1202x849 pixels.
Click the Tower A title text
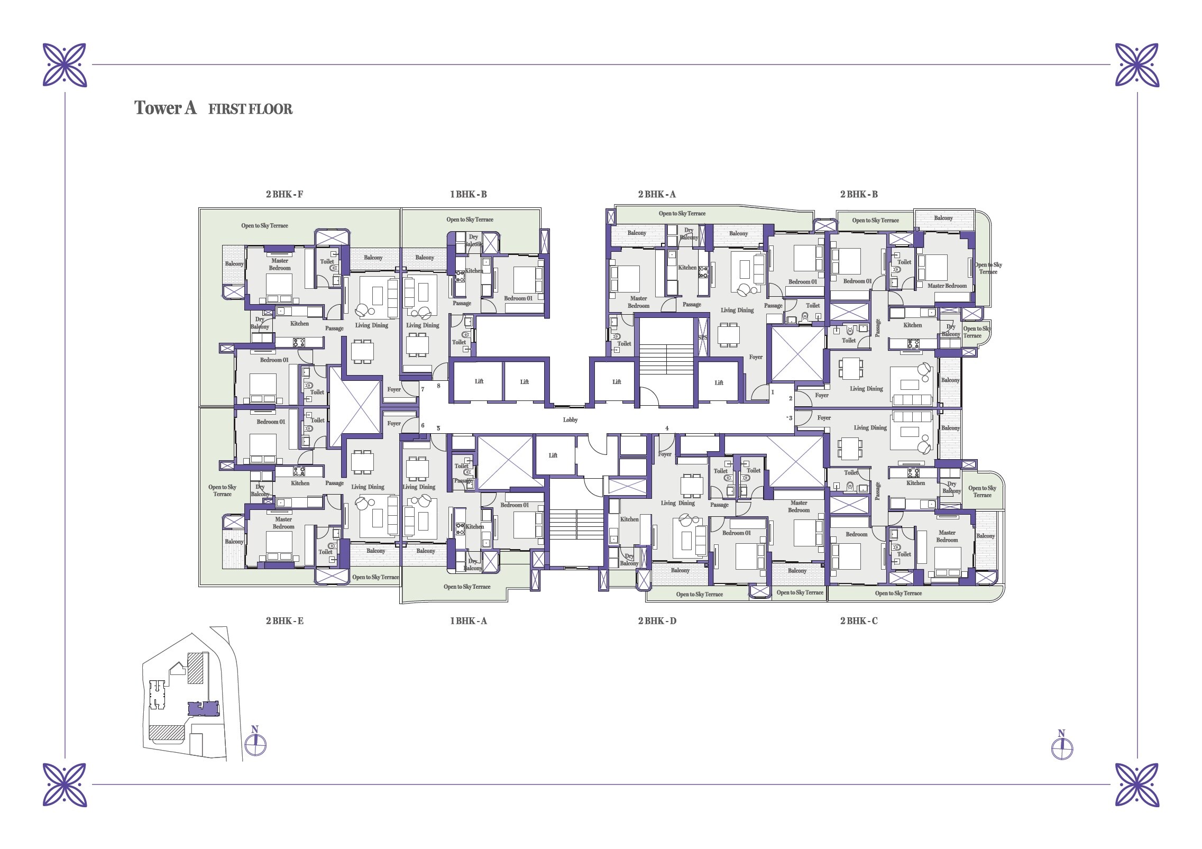pyautogui.click(x=166, y=108)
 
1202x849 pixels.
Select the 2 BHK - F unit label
pyautogui.click(x=285, y=194)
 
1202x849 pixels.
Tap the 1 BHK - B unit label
pyautogui.click(x=468, y=194)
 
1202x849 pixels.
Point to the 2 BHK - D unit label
pyautogui.click(x=657, y=620)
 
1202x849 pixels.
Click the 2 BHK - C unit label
pyautogui.click(x=859, y=620)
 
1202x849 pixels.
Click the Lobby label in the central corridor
pyautogui.click(x=570, y=419)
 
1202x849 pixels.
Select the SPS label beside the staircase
pyautogui.click(x=703, y=337)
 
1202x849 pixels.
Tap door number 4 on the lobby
pyautogui.click(x=667, y=428)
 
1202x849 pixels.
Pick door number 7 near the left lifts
pyautogui.click(x=423, y=389)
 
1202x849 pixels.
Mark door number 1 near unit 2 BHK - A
pyautogui.click(x=773, y=392)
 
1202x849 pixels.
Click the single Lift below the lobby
pyautogui.click(x=553, y=455)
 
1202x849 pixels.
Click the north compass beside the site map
pyautogui.click(x=255, y=744)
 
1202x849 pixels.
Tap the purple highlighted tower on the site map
pyautogui.click(x=204, y=708)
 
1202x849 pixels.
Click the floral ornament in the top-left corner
pyautogui.click(x=65, y=65)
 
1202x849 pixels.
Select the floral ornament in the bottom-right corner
pyautogui.click(x=1137, y=784)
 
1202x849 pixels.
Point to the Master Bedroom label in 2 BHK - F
pyautogui.click(x=280, y=264)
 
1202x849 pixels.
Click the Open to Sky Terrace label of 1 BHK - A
pyautogui.click(x=467, y=587)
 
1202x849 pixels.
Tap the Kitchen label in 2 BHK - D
pyautogui.click(x=629, y=519)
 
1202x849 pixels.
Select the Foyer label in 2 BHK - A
pyautogui.click(x=756, y=357)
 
